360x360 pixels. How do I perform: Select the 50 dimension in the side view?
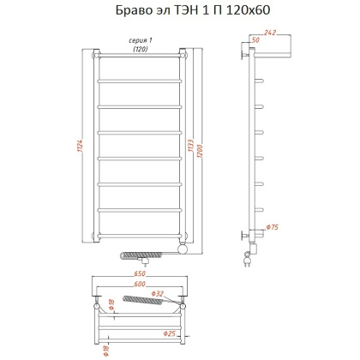pos(255,40)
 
